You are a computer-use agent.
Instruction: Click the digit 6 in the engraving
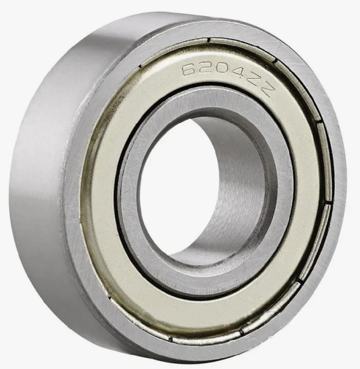pyautogui.click(x=188, y=70)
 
